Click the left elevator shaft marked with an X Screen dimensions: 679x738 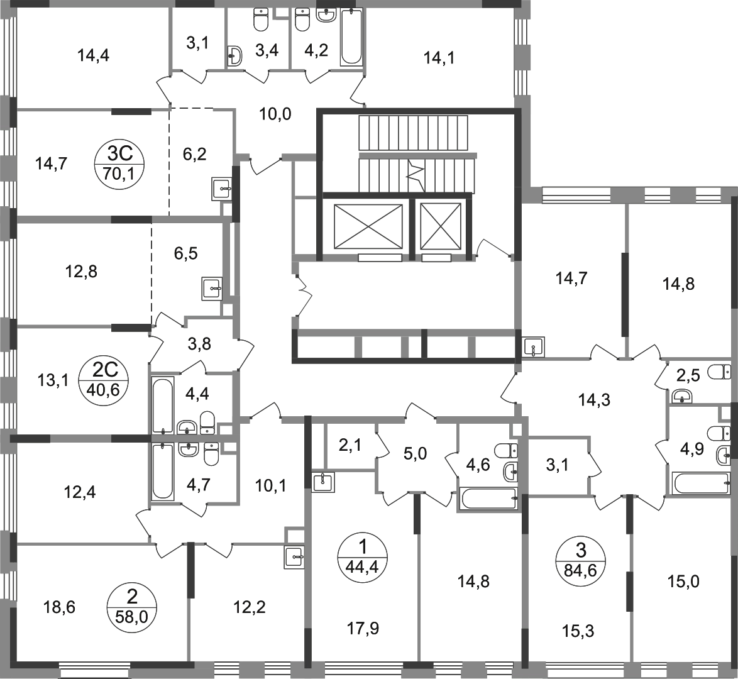[365, 226]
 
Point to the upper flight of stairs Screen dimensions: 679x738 [415, 133]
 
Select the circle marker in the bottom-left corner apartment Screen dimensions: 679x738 [133, 606]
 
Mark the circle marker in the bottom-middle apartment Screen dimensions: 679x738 [364, 556]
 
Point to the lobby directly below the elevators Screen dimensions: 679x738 [409, 295]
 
